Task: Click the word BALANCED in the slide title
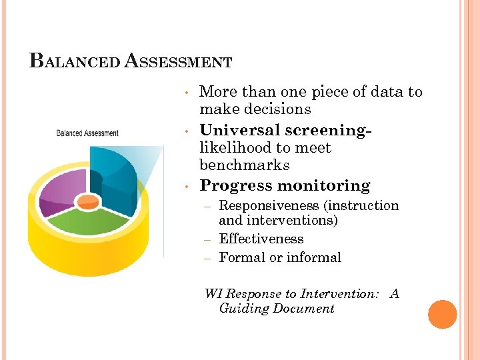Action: click(x=75, y=61)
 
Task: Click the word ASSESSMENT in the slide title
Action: click(x=179, y=61)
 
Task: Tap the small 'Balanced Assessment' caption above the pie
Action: click(x=87, y=133)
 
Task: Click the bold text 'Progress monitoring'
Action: click(x=285, y=185)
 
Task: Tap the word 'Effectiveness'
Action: click(x=261, y=239)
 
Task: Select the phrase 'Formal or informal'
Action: click(x=280, y=257)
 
